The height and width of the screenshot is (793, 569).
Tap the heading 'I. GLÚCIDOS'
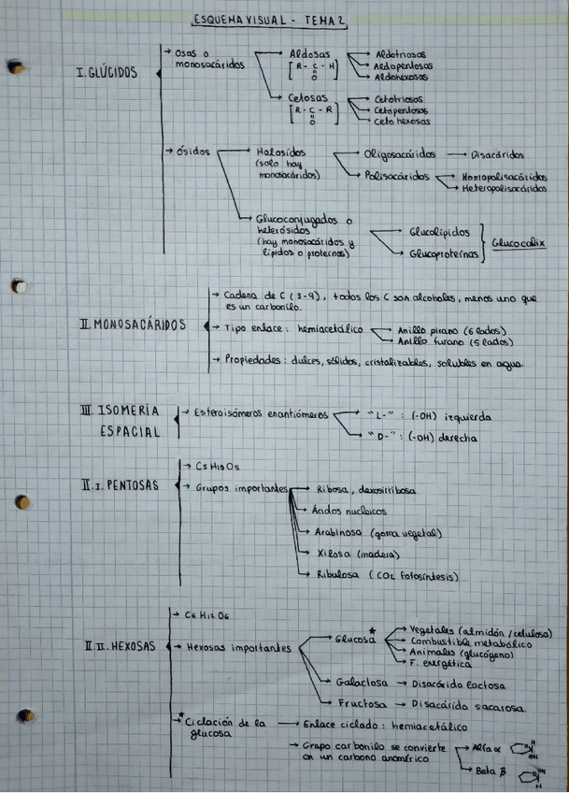(x=106, y=72)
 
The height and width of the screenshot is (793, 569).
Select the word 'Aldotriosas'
(x=402, y=55)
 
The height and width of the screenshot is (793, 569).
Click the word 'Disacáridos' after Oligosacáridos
(x=498, y=154)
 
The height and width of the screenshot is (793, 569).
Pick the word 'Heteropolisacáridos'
(x=504, y=187)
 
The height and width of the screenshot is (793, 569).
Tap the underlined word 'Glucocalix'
(x=518, y=240)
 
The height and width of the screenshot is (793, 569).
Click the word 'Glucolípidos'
(x=440, y=230)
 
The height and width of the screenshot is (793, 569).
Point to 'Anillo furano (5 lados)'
(x=454, y=342)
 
